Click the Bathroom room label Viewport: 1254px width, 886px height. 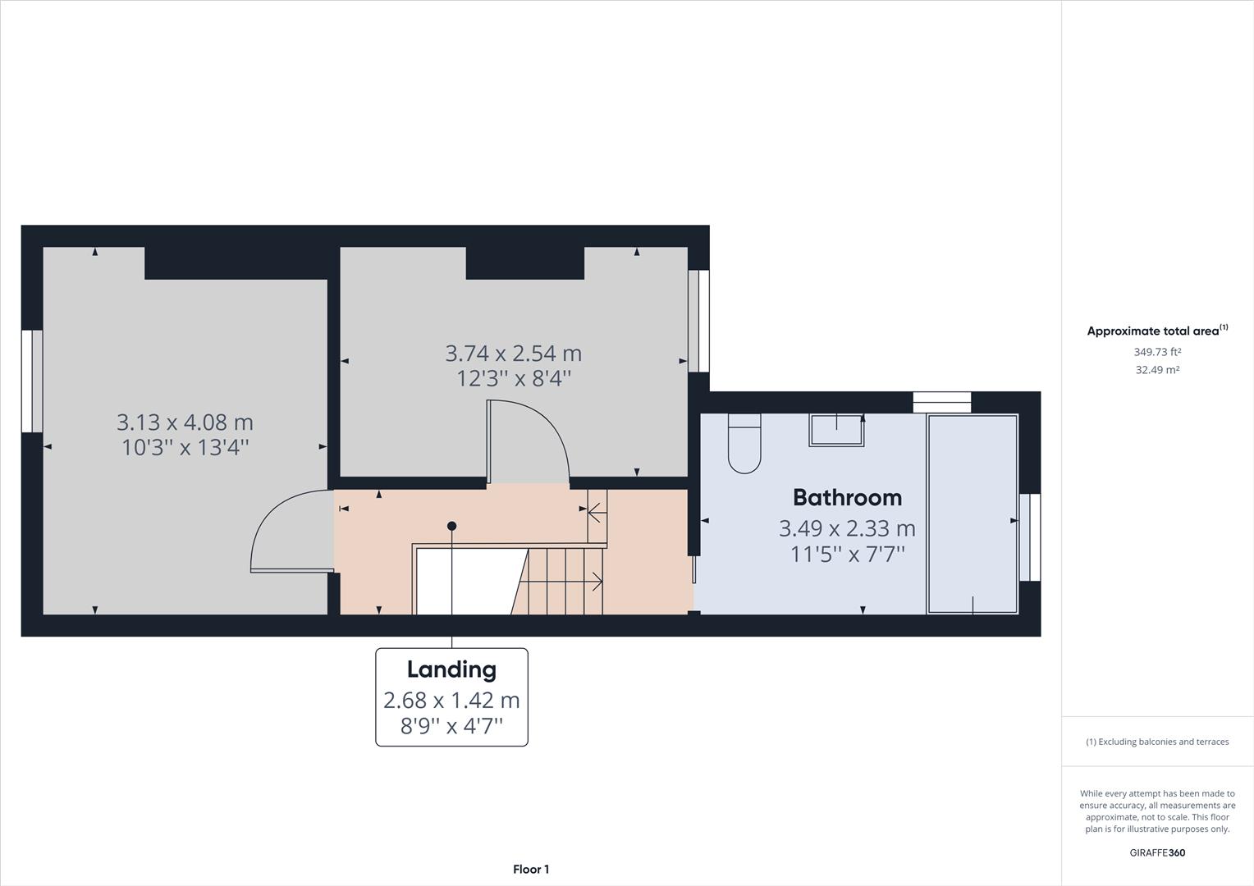(847, 498)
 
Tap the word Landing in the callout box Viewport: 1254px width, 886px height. (451, 669)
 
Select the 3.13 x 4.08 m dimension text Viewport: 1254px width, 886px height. (185, 422)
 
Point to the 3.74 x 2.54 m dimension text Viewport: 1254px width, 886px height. (514, 353)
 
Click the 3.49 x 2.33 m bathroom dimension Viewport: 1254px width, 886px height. (847, 527)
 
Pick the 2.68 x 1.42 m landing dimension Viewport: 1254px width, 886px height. (451, 700)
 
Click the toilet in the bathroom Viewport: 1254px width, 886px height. (744, 443)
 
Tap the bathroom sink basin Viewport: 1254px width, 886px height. (836, 430)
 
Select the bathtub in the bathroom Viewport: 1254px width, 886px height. (973, 514)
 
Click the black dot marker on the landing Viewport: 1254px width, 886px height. (451, 526)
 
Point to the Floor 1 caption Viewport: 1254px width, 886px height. (531, 870)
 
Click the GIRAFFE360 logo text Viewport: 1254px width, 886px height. (1157, 852)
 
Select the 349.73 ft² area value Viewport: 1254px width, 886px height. (1158, 351)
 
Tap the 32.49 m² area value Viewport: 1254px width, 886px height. (1158, 369)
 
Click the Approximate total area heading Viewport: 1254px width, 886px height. (1158, 331)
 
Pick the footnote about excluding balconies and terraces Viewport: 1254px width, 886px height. (1157, 742)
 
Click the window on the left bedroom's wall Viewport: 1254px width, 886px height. (32, 381)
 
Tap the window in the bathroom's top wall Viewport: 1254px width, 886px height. (942, 403)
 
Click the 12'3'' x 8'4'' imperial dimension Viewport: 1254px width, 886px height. (514, 379)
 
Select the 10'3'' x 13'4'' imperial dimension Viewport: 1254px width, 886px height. (185, 448)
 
